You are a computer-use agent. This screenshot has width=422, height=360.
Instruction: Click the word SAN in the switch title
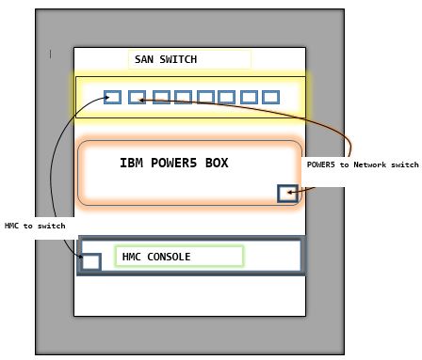pyautogui.click(x=144, y=59)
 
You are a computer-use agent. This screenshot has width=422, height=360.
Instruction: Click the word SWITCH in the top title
pyautogui.click(x=178, y=59)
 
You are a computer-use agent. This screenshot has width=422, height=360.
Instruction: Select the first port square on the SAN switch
pyautogui.click(x=112, y=97)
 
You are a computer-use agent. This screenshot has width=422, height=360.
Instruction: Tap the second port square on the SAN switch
pyautogui.click(x=137, y=97)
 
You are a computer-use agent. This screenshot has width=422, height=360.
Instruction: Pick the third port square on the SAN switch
pyautogui.click(x=161, y=97)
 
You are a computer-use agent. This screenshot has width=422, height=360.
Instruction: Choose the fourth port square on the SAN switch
pyautogui.click(x=184, y=97)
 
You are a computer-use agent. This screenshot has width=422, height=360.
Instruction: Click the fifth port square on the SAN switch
pyautogui.click(x=205, y=97)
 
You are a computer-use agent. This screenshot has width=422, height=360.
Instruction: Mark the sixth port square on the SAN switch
pyautogui.click(x=227, y=97)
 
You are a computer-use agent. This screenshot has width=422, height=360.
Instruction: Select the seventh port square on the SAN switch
pyautogui.click(x=249, y=97)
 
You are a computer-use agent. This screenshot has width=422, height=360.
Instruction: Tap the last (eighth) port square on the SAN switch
pyautogui.click(x=270, y=97)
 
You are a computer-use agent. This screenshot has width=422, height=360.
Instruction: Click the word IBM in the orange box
pyautogui.click(x=131, y=163)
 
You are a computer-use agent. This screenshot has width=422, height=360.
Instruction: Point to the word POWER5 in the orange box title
pyautogui.click(x=174, y=163)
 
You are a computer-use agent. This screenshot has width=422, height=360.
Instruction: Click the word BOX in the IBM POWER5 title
pyautogui.click(x=217, y=163)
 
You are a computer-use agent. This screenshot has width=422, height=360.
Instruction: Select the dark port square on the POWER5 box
pyautogui.click(x=287, y=194)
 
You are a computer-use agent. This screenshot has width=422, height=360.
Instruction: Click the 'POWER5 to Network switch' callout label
pyautogui.click(x=363, y=164)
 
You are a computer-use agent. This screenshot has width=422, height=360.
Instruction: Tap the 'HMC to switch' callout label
pyautogui.click(x=35, y=226)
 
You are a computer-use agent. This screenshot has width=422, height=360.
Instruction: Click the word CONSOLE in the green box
pyautogui.click(x=169, y=257)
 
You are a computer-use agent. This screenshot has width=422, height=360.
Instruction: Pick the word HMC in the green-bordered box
pyautogui.click(x=131, y=257)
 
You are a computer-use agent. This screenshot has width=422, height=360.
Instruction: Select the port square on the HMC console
pyautogui.click(x=91, y=262)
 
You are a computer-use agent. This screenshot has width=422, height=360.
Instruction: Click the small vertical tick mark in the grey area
pyautogui.click(x=50, y=55)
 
